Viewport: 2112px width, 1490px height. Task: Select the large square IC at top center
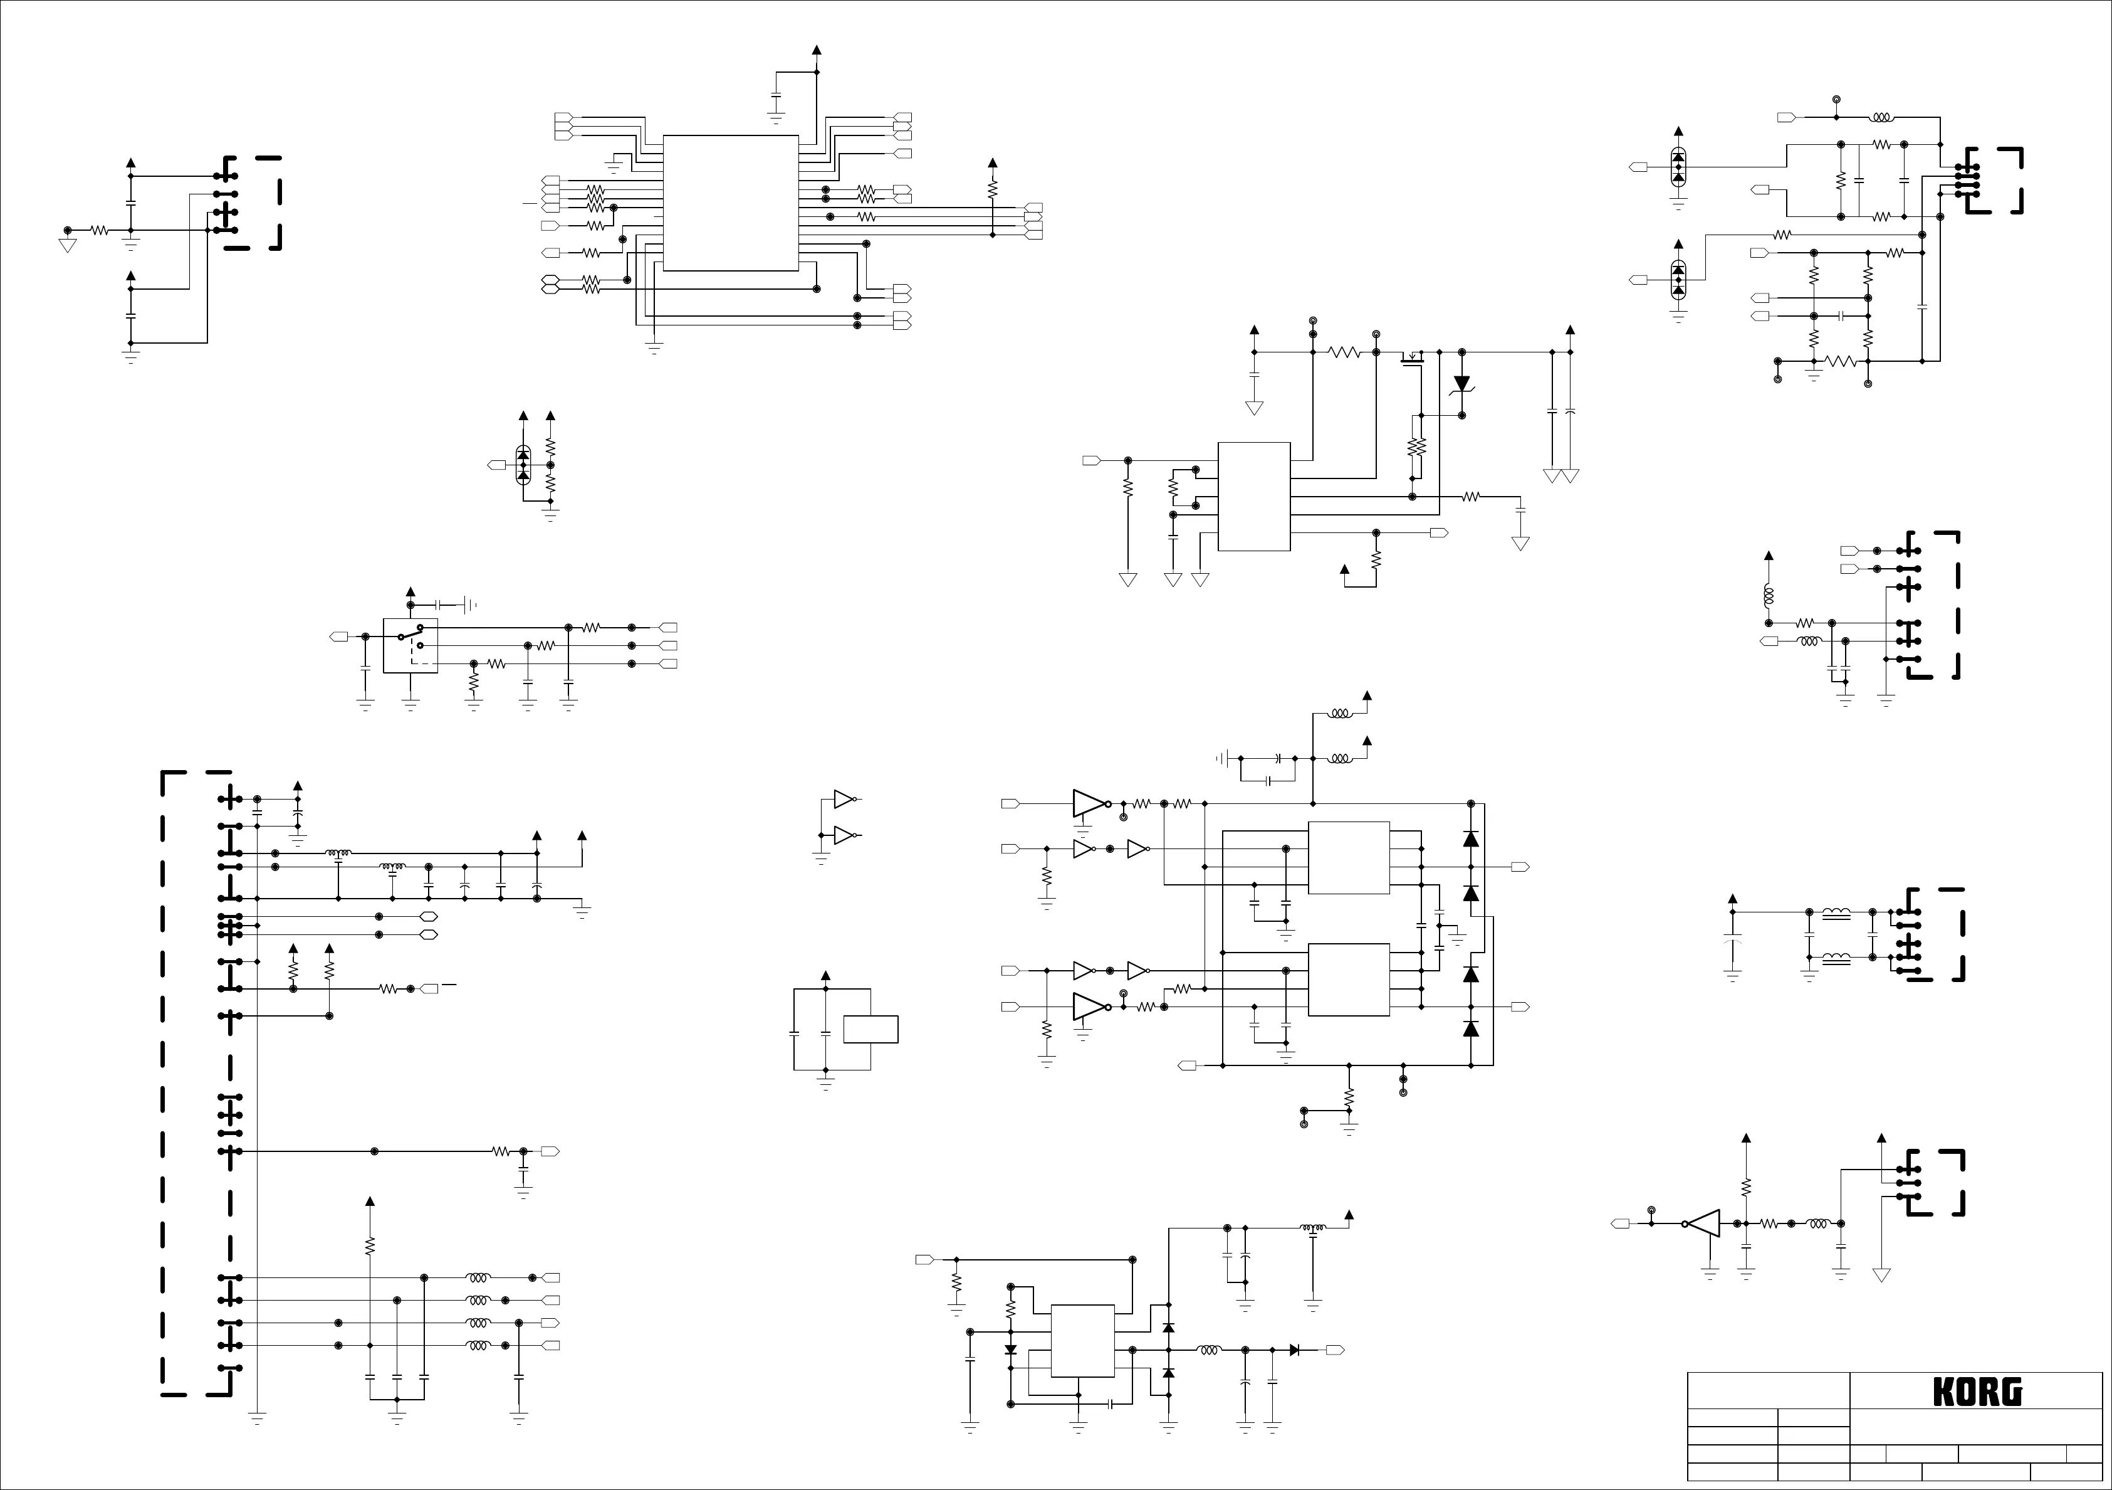pyautogui.click(x=730, y=203)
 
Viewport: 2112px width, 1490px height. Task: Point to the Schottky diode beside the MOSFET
pyautogui.click(x=1461, y=384)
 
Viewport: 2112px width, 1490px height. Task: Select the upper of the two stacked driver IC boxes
pyautogui.click(x=1349, y=858)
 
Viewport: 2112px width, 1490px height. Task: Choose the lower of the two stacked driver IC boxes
pyautogui.click(x=1349, y=979)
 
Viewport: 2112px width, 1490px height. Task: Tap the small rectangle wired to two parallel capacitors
pyautogui.click(x=870, y=1029)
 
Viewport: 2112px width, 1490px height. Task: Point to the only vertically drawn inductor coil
pyautogui.click(x=1767, y=596)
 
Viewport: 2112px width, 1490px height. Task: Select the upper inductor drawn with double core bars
pyautogui.click(x=1837, y=914)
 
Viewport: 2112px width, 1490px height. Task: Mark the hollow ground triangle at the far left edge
pyautogui.click(x=67, y=246)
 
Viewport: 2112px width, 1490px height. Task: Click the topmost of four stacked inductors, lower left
pyautogui.click(x=478, y=1277)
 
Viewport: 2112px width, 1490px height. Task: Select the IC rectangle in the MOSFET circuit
pyautogui.click(x=1254, y=496)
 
